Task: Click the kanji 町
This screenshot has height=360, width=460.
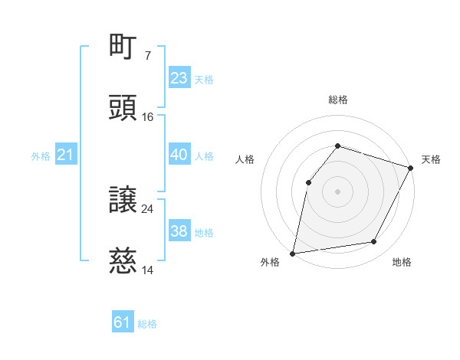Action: [123, 47]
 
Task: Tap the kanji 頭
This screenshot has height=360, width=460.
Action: [123, 107]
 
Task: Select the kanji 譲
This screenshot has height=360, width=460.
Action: [123, 200]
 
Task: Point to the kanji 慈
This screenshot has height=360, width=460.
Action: [123, 261]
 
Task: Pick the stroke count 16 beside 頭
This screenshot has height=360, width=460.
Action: [148, 117]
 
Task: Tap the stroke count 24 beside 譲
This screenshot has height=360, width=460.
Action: [148, 209]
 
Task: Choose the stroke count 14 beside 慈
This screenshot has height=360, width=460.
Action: [148, 270]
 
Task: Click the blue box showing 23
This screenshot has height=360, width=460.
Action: [179, 78]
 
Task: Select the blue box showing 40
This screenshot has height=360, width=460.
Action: [179, 155]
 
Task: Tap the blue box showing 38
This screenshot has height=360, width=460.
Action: [179, 231]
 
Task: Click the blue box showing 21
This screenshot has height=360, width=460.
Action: [65, 155]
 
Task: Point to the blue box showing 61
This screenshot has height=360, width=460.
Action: [123, 323]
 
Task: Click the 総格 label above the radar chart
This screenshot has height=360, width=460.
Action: [337, 100]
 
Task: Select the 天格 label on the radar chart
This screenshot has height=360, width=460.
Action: [431, 159]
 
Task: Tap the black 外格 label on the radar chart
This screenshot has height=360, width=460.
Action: [270, 263]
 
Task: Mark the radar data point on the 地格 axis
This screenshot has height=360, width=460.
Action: [374, 242]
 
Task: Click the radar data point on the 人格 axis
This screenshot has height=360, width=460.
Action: [308, 182]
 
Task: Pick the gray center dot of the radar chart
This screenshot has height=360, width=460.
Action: [337, 191]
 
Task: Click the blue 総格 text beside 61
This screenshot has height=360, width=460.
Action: [147, 324]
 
